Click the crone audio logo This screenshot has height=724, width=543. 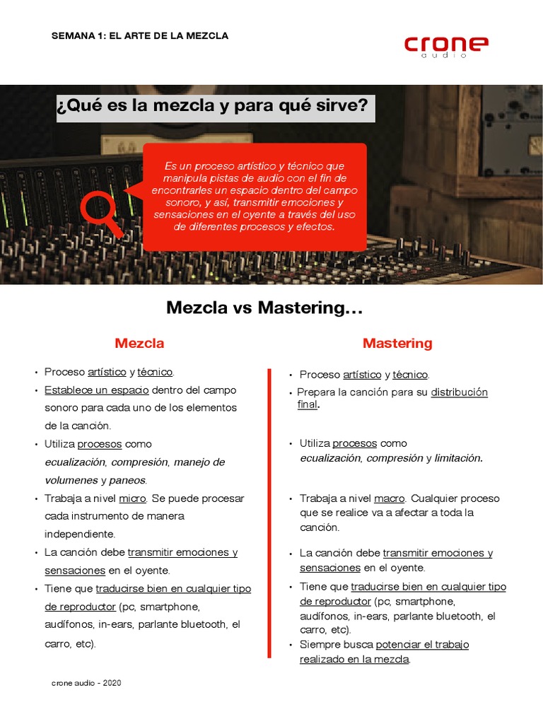coord(446,46)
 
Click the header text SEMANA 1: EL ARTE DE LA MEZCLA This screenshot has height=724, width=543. coord(140,35)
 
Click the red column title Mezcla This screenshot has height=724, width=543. coord(139,343)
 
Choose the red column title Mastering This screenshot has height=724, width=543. coord(397,343)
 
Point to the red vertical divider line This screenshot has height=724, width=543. coord(269,513)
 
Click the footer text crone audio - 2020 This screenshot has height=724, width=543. coord(86,683)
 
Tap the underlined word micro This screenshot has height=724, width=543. coord(132,498)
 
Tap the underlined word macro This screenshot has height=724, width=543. coord(389,498)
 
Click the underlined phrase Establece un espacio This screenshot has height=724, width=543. coord(96,390)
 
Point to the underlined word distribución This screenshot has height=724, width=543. coord(460,392)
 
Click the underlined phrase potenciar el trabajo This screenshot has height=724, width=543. coord(422,645)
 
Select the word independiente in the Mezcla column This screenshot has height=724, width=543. coord(79,535)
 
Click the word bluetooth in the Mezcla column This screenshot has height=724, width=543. coord(204,625)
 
